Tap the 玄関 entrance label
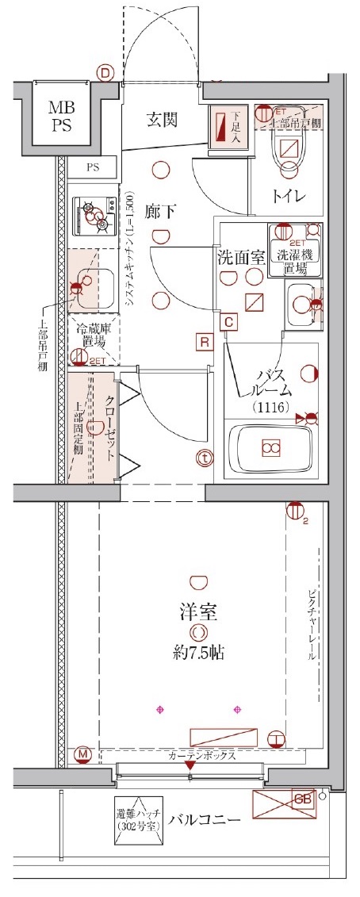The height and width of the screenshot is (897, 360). pos(161,121)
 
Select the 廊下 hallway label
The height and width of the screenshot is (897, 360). pos(160,212)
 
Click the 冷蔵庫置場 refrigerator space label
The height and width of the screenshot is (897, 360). pos(93,338)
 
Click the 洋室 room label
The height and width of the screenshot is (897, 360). pos(198,611)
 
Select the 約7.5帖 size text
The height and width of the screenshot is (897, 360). pos(198,654)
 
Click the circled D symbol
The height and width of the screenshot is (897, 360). pos(105,72)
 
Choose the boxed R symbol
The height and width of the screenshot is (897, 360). pos(204,343)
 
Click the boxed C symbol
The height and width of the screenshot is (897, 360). pos(228,321)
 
